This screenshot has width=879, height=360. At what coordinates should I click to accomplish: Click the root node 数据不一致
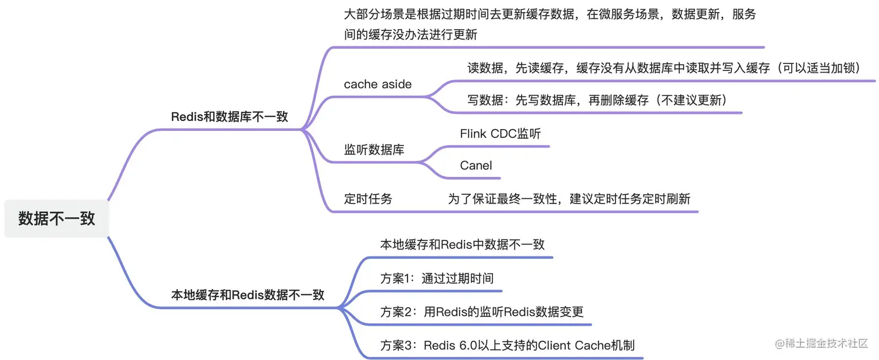[x=56, y=219]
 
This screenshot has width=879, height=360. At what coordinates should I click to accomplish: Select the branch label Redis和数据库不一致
[x=229, y=116]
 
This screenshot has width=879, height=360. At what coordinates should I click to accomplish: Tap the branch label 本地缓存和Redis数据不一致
[x=247, y=295]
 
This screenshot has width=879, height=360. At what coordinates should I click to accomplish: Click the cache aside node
[x=377, y=84]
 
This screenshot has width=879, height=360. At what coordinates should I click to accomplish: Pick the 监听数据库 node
[x=374, y=150]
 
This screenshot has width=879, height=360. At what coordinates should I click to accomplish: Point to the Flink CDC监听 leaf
[x=500, y=134]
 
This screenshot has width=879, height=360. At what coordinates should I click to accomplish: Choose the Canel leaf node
[x=476, y=166]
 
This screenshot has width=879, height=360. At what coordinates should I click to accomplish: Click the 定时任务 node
[x=368, y=199]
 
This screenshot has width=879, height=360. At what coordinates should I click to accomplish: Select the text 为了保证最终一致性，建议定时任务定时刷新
[x=569, y=199]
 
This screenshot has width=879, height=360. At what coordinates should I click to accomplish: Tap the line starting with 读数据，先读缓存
[x=663, y=68]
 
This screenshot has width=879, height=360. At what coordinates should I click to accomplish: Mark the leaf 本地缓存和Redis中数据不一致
[x=462, y=244]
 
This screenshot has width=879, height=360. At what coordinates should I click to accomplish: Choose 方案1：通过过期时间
[x=437, y=278]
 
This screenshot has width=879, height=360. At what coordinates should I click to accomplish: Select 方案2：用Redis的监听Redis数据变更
[x=481, y=312]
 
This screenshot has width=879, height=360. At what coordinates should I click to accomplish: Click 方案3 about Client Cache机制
[x=507, y=345]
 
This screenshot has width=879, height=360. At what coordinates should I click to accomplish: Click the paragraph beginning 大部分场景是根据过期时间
[x=549, y=23]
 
